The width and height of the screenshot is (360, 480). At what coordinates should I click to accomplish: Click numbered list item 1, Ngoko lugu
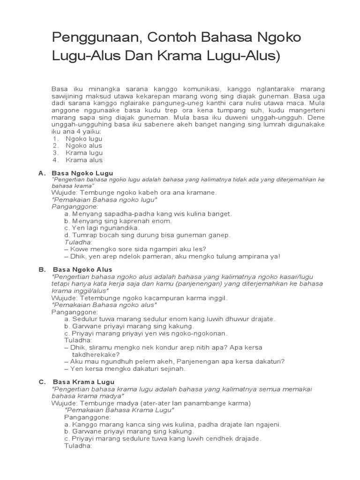point(84,139)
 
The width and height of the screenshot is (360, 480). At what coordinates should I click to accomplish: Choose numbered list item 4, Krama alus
point(84,160)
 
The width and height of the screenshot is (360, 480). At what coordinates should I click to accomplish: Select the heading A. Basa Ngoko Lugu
point(75,173)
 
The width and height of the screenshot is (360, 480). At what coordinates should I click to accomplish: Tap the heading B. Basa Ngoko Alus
point(75,270)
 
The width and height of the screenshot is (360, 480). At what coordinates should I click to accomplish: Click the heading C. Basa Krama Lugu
point(76,382)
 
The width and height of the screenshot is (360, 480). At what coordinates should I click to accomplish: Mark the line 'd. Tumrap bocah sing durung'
point(147,235)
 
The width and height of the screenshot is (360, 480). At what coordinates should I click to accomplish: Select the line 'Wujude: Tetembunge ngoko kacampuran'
point(139,298)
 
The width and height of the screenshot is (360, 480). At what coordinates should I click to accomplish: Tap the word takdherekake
point(95,354)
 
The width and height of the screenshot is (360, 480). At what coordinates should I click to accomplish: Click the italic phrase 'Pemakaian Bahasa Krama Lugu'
point(119,410)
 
